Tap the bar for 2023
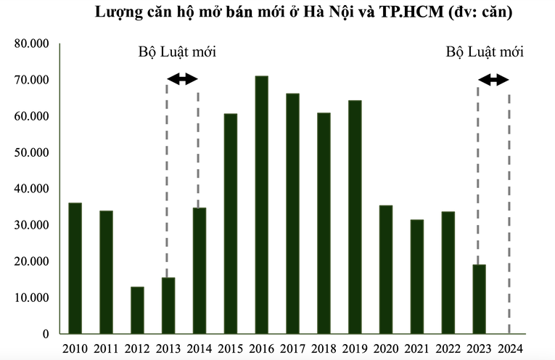[x=480, y=299]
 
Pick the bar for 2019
[x=355, y=217]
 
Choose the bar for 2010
[x=75, y=268]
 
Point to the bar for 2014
[x=200, y=271]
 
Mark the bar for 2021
[x=417, y=277]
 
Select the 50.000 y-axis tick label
[x=31, y=152]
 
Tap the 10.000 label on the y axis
[x=31, y=298]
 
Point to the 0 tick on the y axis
[x=44, y=334]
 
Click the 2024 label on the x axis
[x=510, y=348]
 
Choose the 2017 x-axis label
[x=292, y=348]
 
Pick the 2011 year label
[x=106, y=348]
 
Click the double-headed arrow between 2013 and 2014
[x=183, y=78]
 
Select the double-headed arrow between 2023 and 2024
[x=494, y=80]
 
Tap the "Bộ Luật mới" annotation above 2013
[x=178, y=52]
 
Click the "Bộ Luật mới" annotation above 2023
[x=485, y=52]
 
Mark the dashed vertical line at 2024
[x=509, y=218]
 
